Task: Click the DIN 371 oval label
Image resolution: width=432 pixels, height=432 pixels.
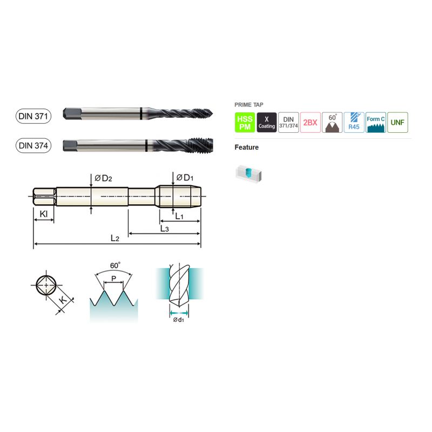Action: click(33, 116)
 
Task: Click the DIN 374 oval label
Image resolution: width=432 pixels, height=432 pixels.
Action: click(33, 145)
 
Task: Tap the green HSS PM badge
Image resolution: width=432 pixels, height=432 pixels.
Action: click(245, 123)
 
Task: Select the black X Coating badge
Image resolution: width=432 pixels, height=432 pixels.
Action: click(267, 123)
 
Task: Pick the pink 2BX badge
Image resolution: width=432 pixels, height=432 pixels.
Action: click(310, 123)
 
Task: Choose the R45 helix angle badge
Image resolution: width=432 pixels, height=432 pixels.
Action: click(354, 123)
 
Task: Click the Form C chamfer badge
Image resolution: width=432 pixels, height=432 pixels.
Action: click(376, 123)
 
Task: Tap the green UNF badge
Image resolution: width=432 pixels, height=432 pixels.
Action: click(397, 123)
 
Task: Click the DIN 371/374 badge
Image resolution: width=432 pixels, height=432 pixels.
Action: click(288, 123)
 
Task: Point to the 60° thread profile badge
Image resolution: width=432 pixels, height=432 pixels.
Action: click(332, 123)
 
